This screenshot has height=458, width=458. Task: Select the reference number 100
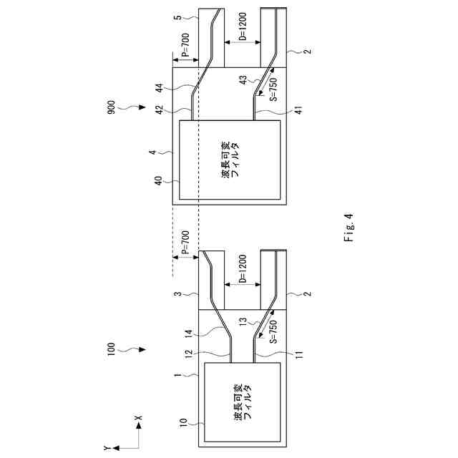coord(110,351)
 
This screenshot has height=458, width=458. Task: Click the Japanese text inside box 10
coord(243,401)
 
